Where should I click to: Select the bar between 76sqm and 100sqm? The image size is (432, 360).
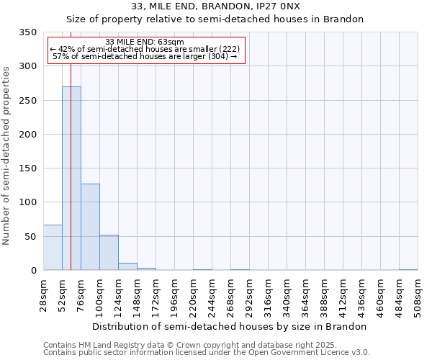click(90, 227)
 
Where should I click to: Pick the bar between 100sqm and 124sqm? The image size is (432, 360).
click(109, 253)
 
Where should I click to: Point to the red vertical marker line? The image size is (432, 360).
click(71, 144)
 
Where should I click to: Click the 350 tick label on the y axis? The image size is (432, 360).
click(27, 32)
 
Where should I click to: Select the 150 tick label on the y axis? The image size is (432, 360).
click(27, 168)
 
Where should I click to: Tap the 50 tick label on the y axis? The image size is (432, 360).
click(30, 236)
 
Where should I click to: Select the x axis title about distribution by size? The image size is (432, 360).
click(230, 326)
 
